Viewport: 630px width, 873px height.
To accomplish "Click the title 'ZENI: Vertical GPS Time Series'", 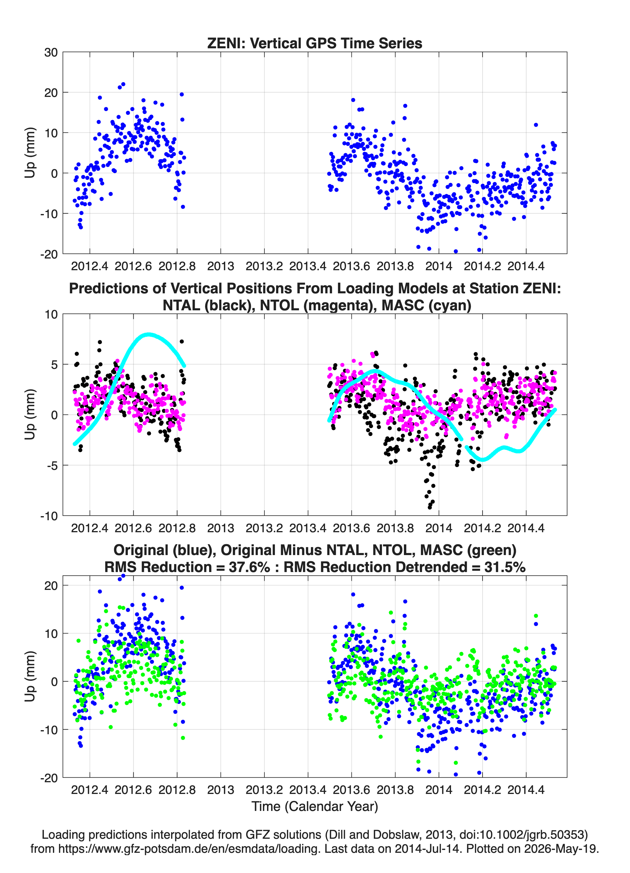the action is pos(315,43).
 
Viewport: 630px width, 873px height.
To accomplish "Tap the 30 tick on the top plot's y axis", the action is pos(51,52).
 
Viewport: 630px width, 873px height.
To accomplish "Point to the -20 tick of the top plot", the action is pos(49,254).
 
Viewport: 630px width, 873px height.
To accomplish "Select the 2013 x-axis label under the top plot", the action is pos(221,266).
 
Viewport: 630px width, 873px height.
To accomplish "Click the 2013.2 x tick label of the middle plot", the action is pos(264,528).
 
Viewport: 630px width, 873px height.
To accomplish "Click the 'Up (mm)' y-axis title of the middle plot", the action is pos(30,415).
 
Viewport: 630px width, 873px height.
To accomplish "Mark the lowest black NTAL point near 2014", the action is pos(430,507).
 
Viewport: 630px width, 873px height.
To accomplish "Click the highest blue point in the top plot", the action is pos(123,84).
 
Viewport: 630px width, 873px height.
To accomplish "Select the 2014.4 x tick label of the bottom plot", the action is pos(526,790).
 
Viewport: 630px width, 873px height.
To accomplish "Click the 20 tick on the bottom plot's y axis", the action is pos(51,586).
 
